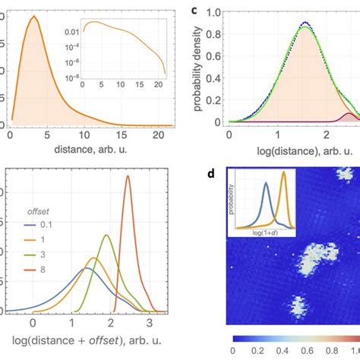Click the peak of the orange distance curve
tap(33, 17)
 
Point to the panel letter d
tap(217, 173)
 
